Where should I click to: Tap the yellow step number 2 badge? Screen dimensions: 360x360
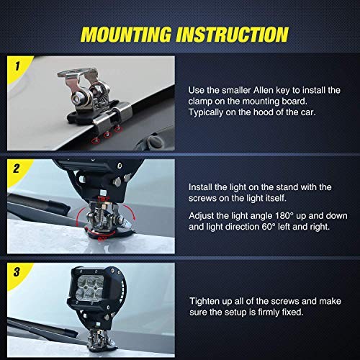pos(17,170)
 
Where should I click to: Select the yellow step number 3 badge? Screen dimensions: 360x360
pos(17,272)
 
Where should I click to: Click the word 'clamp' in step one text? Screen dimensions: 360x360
pos(202,102)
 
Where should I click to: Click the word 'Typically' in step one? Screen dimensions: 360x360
pos(209,113)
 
